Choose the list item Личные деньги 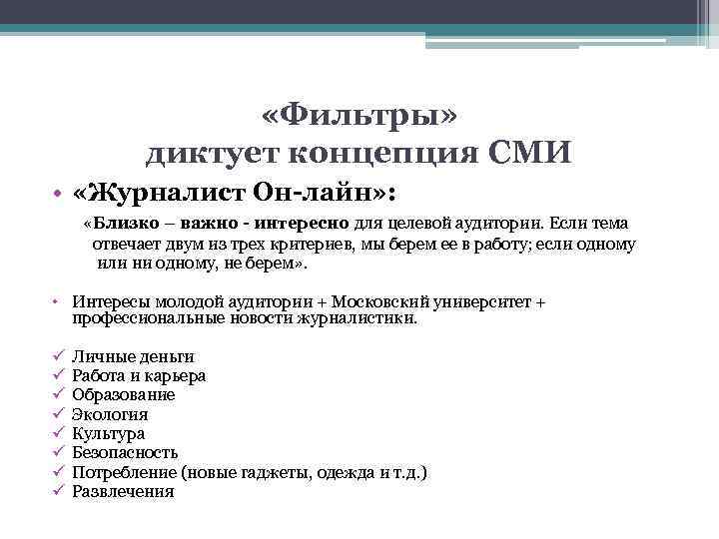(x=133, y=356)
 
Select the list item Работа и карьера (x=139, y=375)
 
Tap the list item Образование (x=123, y=394)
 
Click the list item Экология (x=110, y=414)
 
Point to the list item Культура (x=108, y=433)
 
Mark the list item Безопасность (x=125, y=452)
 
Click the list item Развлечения (x=123, y=491)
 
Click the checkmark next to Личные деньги (x=59, y=356)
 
